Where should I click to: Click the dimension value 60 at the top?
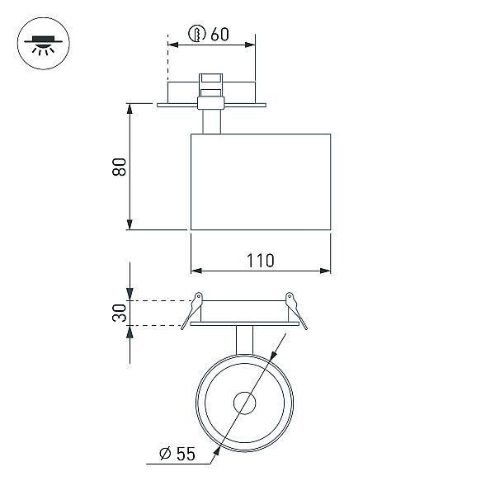219,34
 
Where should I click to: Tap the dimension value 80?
120,167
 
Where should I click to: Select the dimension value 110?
261,261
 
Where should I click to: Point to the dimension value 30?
120,313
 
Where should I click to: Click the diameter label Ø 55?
177,454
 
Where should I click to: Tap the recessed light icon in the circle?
43,45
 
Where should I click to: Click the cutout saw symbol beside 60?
197,34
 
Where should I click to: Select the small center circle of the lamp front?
244,403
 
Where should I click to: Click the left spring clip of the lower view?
192,311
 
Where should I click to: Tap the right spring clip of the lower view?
296,311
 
